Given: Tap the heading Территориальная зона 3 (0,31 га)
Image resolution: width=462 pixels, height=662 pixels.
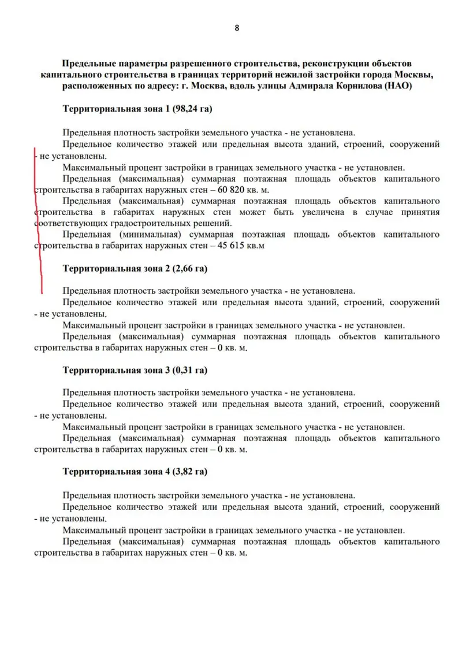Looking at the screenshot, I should [135, 370].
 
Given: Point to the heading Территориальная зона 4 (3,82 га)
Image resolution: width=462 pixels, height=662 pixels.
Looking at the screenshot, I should [135, 472].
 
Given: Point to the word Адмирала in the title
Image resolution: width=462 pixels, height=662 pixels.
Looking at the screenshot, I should [303, 86].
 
